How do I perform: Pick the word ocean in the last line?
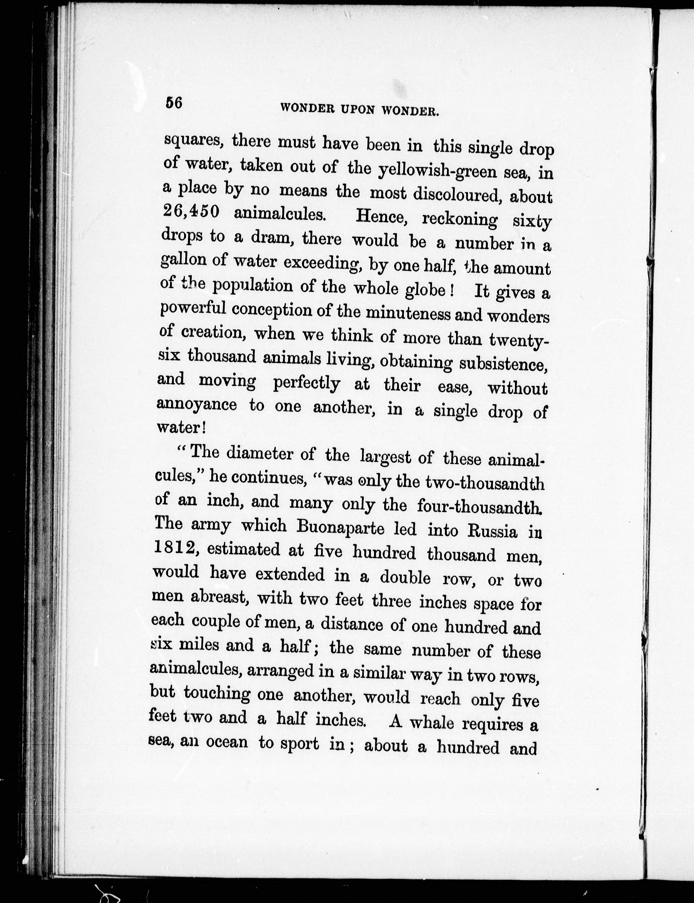click(227, 742)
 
